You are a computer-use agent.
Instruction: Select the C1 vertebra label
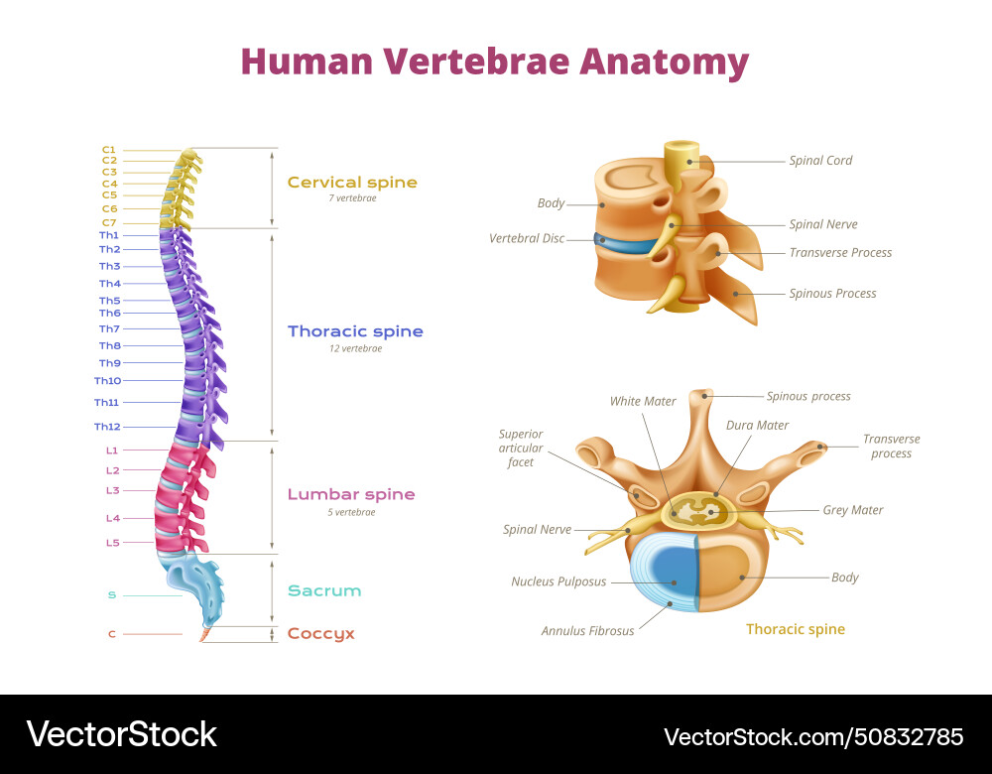pos(109,149)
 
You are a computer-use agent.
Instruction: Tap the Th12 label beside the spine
pos(107,427)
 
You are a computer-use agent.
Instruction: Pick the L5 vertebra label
pos(113,543)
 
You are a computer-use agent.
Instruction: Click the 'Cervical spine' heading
pos(352,183)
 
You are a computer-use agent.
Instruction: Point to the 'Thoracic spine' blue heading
pos(355,331)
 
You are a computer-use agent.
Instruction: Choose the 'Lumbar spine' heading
pos(351,494)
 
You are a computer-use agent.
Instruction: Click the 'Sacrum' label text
pos(324,590)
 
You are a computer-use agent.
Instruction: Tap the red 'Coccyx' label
pos(320,633)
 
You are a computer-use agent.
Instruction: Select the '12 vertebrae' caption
pos(355,348)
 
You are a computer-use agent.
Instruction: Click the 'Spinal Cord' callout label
pos(820,161)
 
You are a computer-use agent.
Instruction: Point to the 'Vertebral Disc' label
pos(527,238)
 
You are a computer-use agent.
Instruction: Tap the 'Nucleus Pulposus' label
pos(558,581)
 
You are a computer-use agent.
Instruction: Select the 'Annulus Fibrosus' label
pos(587,630)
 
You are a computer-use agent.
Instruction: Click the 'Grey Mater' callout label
pos(852,510)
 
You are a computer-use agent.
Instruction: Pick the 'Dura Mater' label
pos(757,425)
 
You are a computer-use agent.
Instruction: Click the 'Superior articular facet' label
pos(521,448)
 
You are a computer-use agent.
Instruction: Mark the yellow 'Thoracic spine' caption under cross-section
pos(795,629)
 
